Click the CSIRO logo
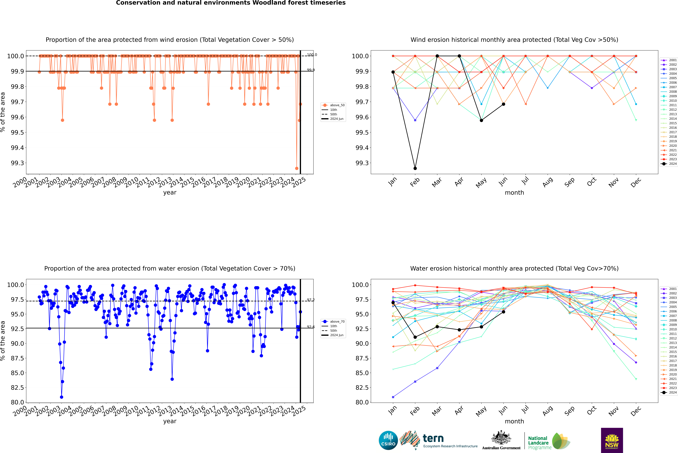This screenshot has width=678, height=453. click(388, 440)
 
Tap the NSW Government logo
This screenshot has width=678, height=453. click(612, 440)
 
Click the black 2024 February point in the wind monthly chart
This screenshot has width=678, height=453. click(415, 168)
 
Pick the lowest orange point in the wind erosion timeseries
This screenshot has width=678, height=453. click(297, 168)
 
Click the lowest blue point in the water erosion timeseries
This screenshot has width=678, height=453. click(62, 397)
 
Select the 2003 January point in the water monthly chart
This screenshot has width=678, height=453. click(393, 397)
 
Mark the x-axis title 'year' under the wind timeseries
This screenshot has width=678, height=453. click(170, 192)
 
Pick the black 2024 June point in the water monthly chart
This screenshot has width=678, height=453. click(503, 312)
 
